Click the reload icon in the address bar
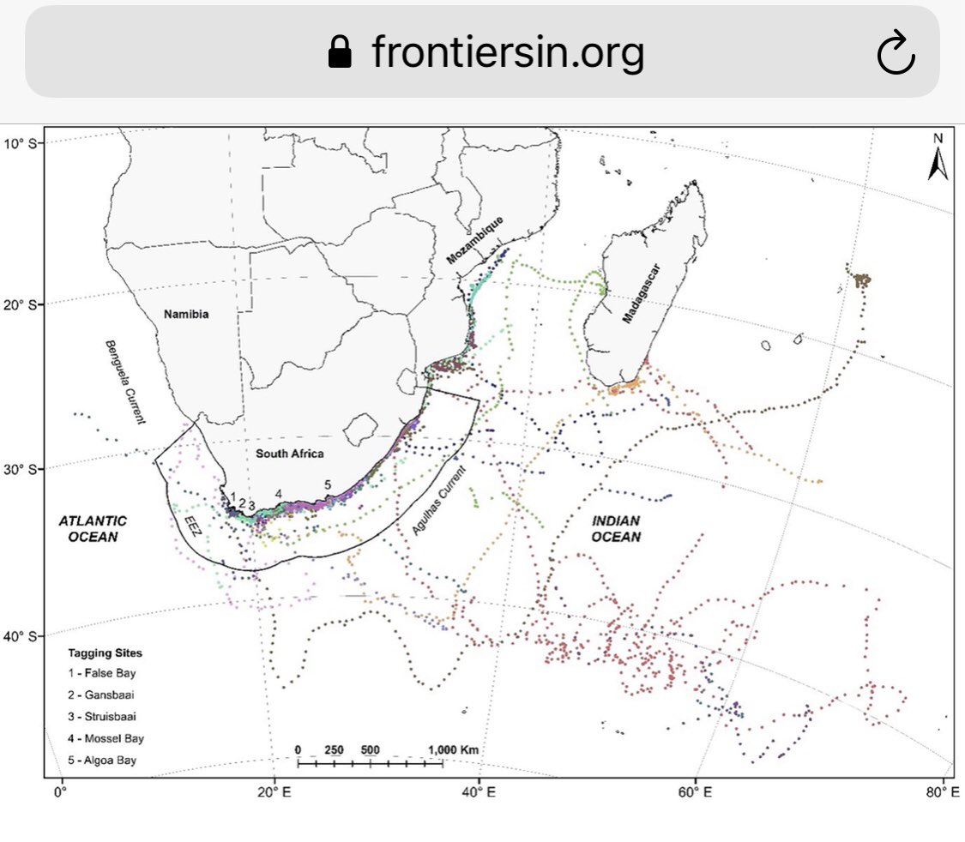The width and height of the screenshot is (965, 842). click(x=896, y=55)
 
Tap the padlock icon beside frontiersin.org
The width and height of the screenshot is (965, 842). click(x=341, y=54)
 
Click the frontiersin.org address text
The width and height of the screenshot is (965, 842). click(x=508, y=53)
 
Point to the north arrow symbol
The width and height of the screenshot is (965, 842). click(x=938, y=158)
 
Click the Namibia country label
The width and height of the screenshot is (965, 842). click(x=187, y=314)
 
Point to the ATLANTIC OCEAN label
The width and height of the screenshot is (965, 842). click(x=93, y=528)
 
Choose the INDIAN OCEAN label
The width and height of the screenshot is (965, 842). click(x=616, y=528)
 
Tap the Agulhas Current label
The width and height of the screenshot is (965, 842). click(x=439, y=502)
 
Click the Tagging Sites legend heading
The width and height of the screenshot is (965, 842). click(x=106, y=653)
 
